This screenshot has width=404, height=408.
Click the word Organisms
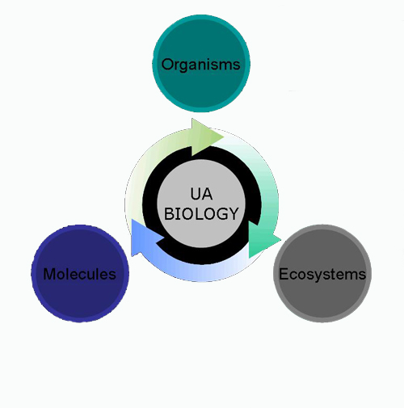[x=200, y=65]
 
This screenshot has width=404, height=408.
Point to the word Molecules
[x=80, y=274]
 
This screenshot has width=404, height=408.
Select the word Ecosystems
[x=322, y=275]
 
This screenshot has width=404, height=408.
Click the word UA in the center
[x=201, y=194]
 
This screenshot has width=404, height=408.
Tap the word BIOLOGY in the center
[x=201, y=214]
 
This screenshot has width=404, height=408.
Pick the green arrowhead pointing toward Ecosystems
[x=263, y=240]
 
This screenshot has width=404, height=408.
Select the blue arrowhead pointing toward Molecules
[x=145, y=237]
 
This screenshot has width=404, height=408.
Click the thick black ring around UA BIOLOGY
[x=148, y=204]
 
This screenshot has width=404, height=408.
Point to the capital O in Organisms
[x=167, y=64]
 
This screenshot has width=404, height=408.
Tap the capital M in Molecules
[x=49, y=274]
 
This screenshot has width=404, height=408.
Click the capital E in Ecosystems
[x=284, y=274]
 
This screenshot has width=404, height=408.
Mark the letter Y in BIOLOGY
[x=233, y=214]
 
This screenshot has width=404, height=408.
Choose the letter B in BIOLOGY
[x=169, y=214]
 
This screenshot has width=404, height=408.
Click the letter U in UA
[x=196, y=194]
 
